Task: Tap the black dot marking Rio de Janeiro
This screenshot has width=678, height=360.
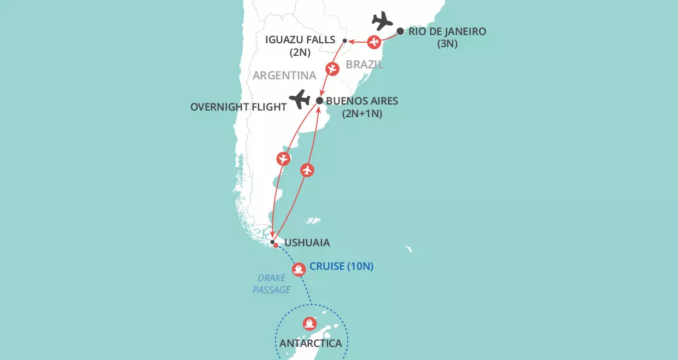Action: pos(400,31)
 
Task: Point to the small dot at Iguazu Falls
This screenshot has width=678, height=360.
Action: pos(344,40)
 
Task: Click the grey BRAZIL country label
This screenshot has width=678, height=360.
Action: pos(365,65)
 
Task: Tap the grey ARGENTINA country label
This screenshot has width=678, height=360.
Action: pos(284,75)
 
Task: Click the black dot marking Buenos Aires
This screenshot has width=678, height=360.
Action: pos(320,101)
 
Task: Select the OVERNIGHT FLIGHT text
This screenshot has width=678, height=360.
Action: pos(238,107)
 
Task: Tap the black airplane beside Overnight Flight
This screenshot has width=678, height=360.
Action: pos(300,100)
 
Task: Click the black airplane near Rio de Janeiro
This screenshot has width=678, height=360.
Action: pos(383,21)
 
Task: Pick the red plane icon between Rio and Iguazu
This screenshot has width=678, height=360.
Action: pos(374,42)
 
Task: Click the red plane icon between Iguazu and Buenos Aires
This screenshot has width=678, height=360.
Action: pos(332,69)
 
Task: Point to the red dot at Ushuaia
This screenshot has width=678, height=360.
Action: pos(276,246)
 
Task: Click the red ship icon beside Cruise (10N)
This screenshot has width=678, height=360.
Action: pos(298,269)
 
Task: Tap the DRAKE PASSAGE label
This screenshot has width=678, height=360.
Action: pos(272,284)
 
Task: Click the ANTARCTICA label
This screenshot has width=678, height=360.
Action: pos(311,344)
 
